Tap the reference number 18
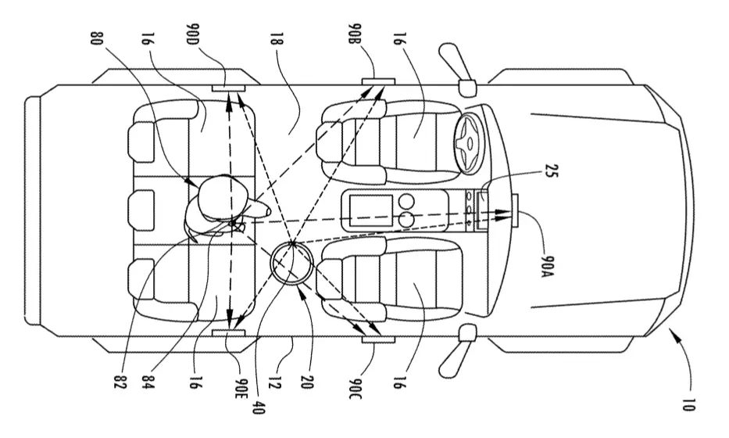278,38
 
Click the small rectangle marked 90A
515,211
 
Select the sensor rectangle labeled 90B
378,82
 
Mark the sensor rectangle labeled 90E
228,332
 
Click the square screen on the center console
370,211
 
